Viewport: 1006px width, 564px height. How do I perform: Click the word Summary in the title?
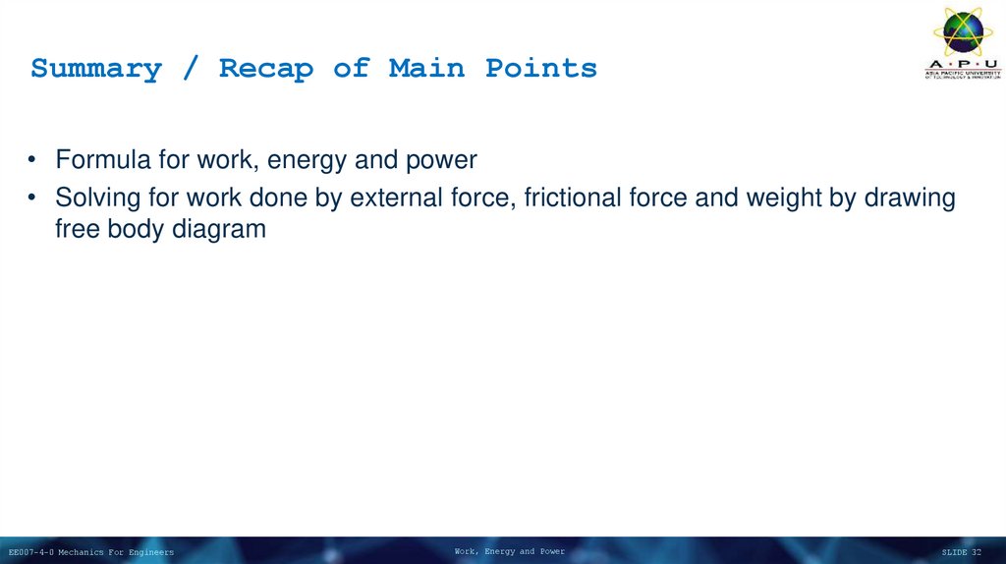point(95,69)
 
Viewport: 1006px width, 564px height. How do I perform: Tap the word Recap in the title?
point(265,69)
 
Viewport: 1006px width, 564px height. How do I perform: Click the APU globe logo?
point(963,33)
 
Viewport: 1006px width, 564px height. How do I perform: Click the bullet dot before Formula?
point(32,160)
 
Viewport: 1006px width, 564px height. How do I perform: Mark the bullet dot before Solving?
point(32,198)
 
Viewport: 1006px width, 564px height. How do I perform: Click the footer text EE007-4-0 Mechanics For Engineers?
point(91,552)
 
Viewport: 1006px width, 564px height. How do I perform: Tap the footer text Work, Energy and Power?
point(509,551)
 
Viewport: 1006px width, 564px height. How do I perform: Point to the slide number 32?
point(976,552)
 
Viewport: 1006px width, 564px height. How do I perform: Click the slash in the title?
point(191,69)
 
